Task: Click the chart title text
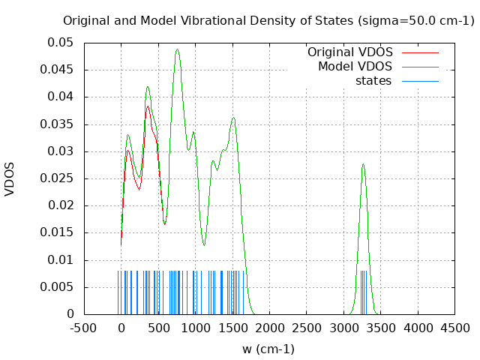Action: [x=268, y=20]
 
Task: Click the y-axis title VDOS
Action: [x=10, y=178]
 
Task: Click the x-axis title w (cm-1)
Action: [x=268, y=349]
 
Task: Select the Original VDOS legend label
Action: [x=349, y=52]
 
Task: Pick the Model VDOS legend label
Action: [x=355, y=67]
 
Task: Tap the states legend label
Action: [x=373, y=81]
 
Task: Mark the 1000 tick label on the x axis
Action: [x=195, y=328]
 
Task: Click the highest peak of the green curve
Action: [x=177, y=49]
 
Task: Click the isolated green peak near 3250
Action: [x=363, y=164]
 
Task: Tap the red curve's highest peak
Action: [x=148, y=106]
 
